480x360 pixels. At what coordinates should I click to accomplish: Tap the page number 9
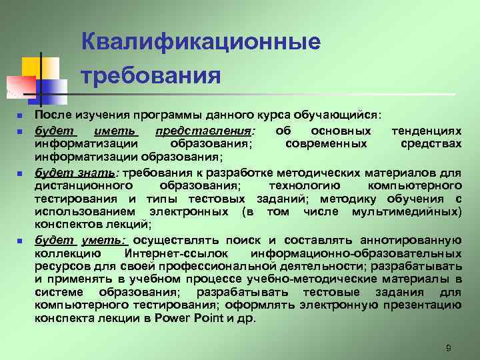click(x=449, y=347)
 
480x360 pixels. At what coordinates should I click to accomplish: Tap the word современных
click(x=325, y=143)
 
